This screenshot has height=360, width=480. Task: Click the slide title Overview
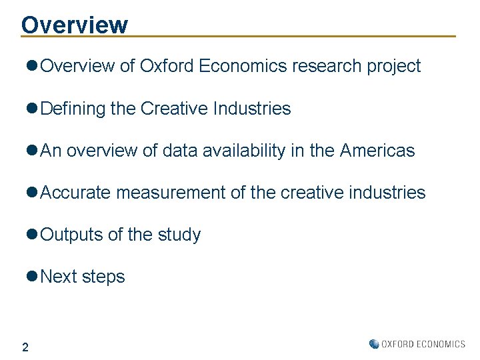pyautogui.click(x=74, y=24)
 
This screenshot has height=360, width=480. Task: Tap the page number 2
pyautogui.click(x=25, y=347)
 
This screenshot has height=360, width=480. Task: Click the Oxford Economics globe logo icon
pyautogui.click(x=374, y=344)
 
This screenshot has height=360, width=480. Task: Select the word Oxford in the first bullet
pyautogui.click(x=167, y=67)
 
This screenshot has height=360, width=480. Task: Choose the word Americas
pyautogui.click(x=377, y=151)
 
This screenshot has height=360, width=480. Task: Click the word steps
pyautogui.click(x=103, y=277)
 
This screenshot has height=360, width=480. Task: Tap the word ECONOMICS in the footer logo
pyautogui.click(x=441, y=344)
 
